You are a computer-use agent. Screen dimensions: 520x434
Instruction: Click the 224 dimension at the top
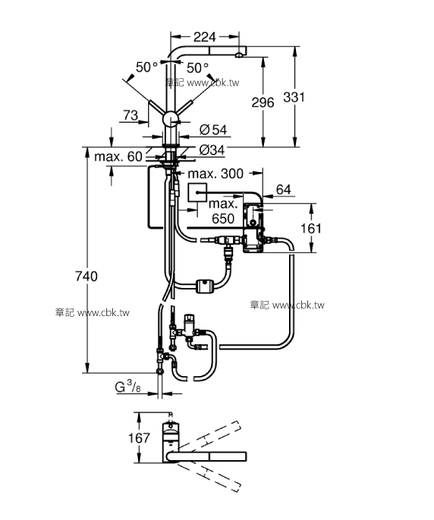204,36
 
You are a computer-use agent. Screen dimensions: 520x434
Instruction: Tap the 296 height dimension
262,103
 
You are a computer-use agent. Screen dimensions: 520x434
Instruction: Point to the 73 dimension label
130,115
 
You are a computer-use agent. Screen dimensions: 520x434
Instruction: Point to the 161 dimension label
332,227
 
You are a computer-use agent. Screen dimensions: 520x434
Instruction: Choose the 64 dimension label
284,189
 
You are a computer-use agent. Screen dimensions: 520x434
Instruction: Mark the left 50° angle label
146,67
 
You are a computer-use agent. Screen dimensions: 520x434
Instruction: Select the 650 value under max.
223,218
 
